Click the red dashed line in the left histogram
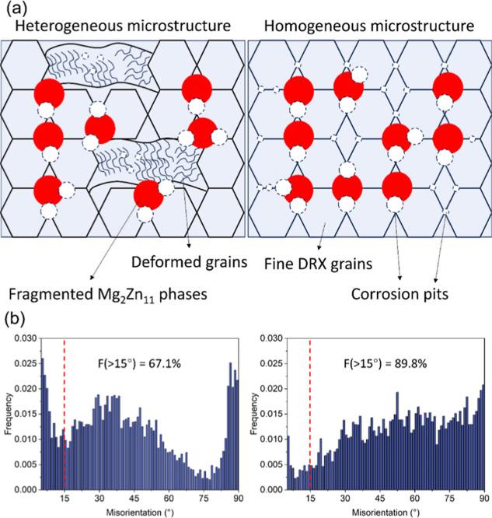click(64, 412)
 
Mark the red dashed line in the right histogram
click(310, 412)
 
